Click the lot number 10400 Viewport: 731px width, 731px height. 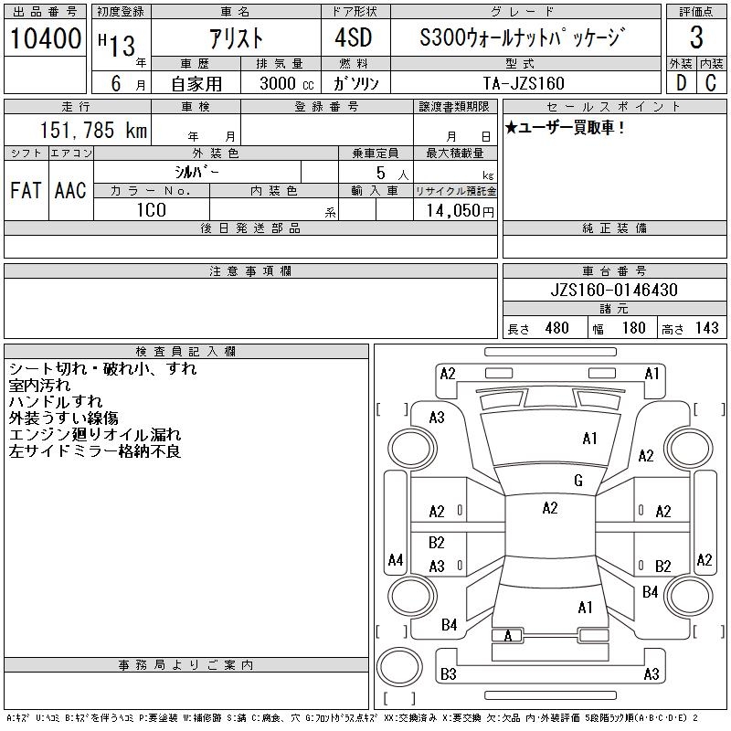45,38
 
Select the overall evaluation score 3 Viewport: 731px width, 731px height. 696,37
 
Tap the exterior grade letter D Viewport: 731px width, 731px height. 681,83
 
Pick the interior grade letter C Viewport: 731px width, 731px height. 711,83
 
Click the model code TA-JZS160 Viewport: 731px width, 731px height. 524,83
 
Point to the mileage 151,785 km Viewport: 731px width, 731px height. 93,130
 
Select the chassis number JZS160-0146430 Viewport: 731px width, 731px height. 614,290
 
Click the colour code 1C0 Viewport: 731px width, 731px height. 152,210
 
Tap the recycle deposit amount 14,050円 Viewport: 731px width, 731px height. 461,211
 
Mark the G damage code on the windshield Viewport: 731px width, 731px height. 578,481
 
